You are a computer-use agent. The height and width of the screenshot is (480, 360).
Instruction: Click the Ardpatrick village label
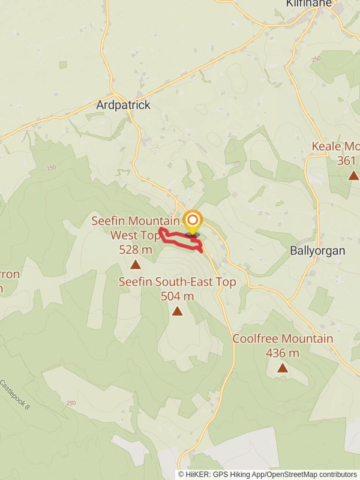pos(123,105)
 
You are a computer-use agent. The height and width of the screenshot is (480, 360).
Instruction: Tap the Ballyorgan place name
pos(317,251)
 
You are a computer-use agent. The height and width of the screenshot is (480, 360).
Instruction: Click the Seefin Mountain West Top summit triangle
pos(136,264)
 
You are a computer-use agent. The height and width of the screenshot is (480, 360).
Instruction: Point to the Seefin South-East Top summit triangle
pos(178,311)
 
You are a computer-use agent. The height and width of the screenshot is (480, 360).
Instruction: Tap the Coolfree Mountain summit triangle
pos(283,368)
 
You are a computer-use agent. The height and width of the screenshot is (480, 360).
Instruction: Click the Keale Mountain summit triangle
pos(353,175)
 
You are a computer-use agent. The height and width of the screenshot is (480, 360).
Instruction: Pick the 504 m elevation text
pos(178,296)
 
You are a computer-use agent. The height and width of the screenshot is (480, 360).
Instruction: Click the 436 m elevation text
pos(283,353)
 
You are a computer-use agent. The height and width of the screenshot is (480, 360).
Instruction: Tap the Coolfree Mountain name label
pos(283,339)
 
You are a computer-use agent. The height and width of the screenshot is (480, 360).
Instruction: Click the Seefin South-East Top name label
pos(178,282)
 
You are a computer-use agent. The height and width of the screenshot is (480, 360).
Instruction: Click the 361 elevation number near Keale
pos(347,160)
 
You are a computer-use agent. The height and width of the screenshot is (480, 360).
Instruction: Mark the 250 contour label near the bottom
pos(71,403)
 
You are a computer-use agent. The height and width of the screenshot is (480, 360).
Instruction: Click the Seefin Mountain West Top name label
pos(136,228)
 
